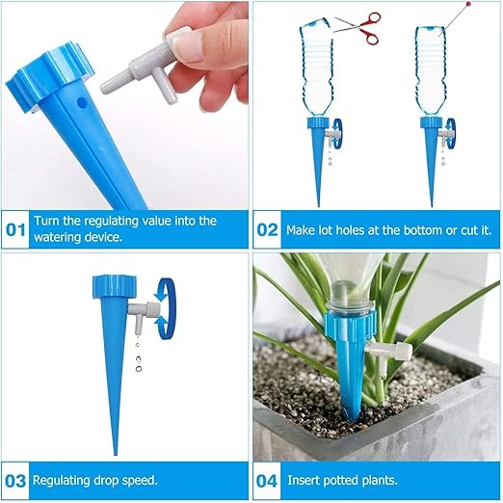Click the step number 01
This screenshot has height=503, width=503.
(16, 230)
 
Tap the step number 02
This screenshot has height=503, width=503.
(266, 230)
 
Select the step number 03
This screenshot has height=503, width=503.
(16, 479)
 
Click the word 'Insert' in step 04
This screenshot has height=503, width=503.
(301, 479)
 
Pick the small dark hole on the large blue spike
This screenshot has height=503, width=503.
(81, 99)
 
